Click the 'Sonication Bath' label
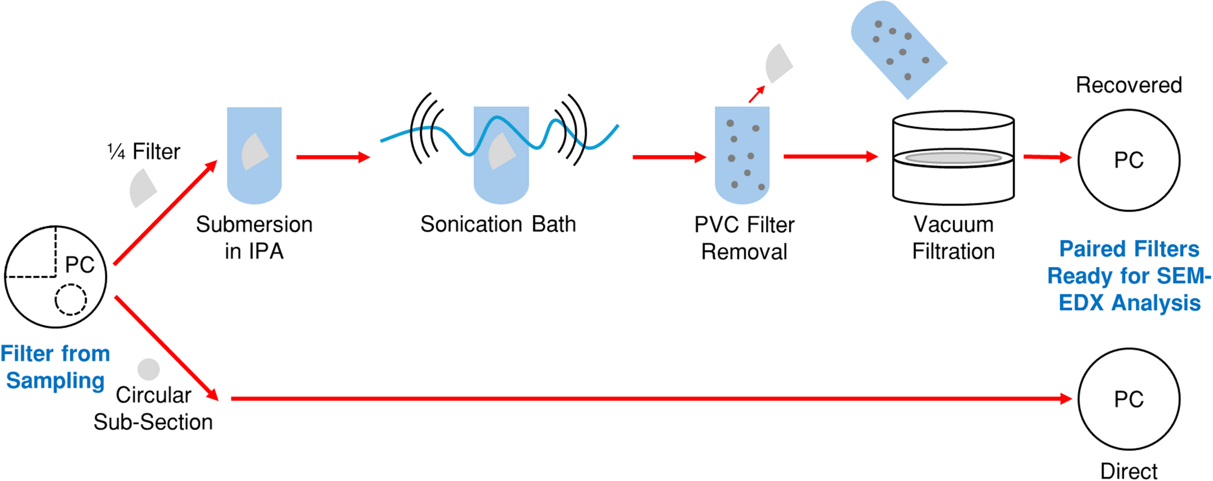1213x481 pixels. point(498,224)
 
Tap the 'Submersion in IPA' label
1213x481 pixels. point(254,237)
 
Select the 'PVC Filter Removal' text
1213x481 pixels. point(744,238)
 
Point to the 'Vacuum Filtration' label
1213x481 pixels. point(953,237)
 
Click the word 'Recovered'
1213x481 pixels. point(1128,85)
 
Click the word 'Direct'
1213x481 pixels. point(1128,471)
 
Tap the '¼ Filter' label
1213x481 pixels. point(144,152)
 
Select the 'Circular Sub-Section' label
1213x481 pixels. point(153,408)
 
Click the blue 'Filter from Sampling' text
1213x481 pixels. point(55,367)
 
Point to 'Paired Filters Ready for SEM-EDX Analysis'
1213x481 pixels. point(1129,276)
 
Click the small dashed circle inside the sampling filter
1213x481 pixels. point(71,299)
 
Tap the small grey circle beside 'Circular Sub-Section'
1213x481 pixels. point(149,369)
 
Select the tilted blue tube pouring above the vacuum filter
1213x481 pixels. point(898,48)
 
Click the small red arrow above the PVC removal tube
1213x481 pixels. point(756,94)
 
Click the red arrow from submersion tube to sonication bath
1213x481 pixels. point(333,157)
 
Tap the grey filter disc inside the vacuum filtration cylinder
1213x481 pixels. point(953,158)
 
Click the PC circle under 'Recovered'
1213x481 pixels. point(1128,160)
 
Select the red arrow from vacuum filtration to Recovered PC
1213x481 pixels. point(1047,157)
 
